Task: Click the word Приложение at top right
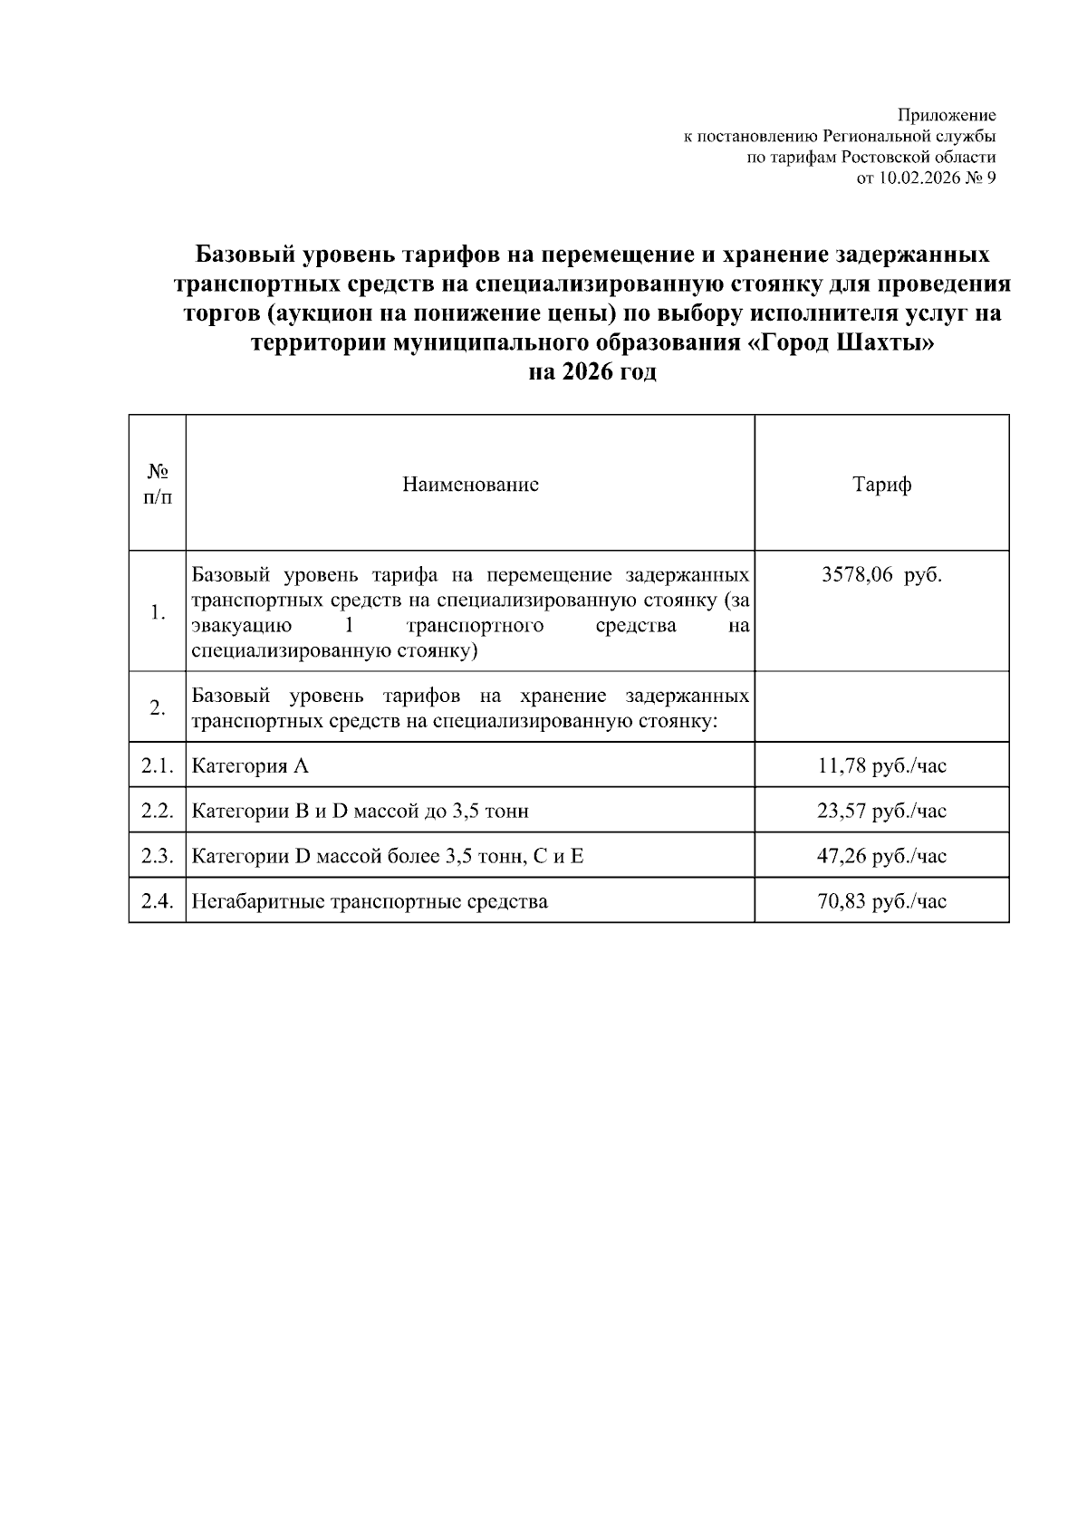pos(947,115)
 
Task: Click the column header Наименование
pos(470,485)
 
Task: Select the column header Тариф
pos(881,485)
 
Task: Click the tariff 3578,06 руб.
pos(881,576)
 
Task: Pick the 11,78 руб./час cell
pos(881,766)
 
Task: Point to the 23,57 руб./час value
pos(881,812)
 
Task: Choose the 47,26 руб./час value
pos(881,856)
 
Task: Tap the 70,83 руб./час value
pos(881,901)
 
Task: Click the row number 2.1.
pos(157,766)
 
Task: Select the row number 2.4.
pos(157,901)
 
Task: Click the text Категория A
pos(250,766)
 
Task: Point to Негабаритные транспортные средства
pos(370,901)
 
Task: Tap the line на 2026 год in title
pos(592,372)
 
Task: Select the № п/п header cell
pos(157,485)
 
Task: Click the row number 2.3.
pos(157,856)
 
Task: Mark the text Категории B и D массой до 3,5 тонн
pos(360,812)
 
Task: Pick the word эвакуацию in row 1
pos(241,626)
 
